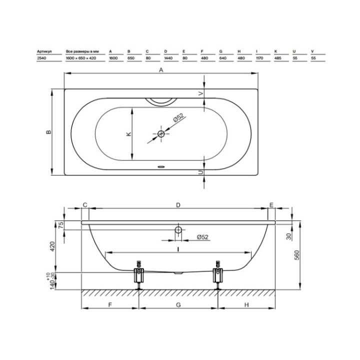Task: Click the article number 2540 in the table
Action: (41, 58)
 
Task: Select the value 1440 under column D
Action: (168, 58)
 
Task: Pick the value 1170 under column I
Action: (259, 58)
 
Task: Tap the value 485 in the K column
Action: (278, 58)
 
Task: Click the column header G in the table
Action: (221, 51)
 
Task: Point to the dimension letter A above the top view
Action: (161, 70)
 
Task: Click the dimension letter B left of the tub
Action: (49, 132)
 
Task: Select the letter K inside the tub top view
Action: (129, 134)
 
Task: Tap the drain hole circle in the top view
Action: (161, 133)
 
